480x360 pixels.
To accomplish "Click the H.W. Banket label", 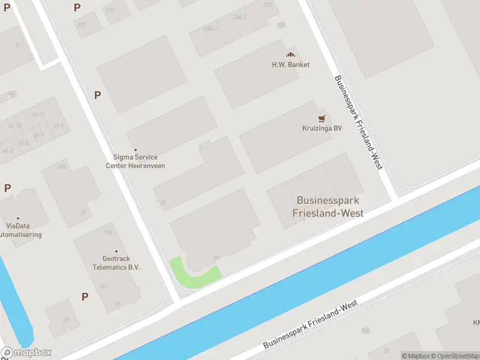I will pyautogui.click(x=290, y=65).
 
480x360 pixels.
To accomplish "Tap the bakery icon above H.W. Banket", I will pyautogui.click(x=290, y=55).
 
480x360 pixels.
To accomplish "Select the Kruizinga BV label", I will pyautogui.click(x=322, y=128).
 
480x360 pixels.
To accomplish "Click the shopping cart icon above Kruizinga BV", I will pyautogui.click(x=322, y=118).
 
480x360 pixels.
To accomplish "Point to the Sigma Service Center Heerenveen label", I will pyautogui.click(x=135, y=161).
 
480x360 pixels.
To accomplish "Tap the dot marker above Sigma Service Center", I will pyautogui.click(x=136, y=150).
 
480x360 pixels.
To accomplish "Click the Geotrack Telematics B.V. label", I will pyautogui.click(x=116, y=263).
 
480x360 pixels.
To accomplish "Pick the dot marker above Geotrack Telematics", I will pyautogui.click(x=116, y=252).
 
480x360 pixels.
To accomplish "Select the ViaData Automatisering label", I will pyautogui.click(x=20, y=230).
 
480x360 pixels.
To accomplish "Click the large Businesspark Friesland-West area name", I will pyautogui.click(x=328, y=206).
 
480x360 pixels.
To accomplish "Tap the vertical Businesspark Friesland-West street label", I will pyautogui.click(x=358, y=122).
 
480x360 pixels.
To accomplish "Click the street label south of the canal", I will pyautogui.click(x=310, y=326).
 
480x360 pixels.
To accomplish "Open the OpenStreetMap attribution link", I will pyautogui.click(x=455, y=356).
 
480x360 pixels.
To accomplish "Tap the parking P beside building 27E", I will pyautogui.click(x=77, y=7).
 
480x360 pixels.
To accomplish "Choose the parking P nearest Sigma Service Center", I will pyautogui.click(x=97, y=95).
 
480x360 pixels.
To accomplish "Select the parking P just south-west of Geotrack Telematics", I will pyautogui.click(x=85, y=296).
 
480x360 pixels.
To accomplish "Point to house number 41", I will pyautogui.click(x=18, y=45).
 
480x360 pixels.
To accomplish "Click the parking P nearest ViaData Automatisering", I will pyautogui.click(x=7, y=188).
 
